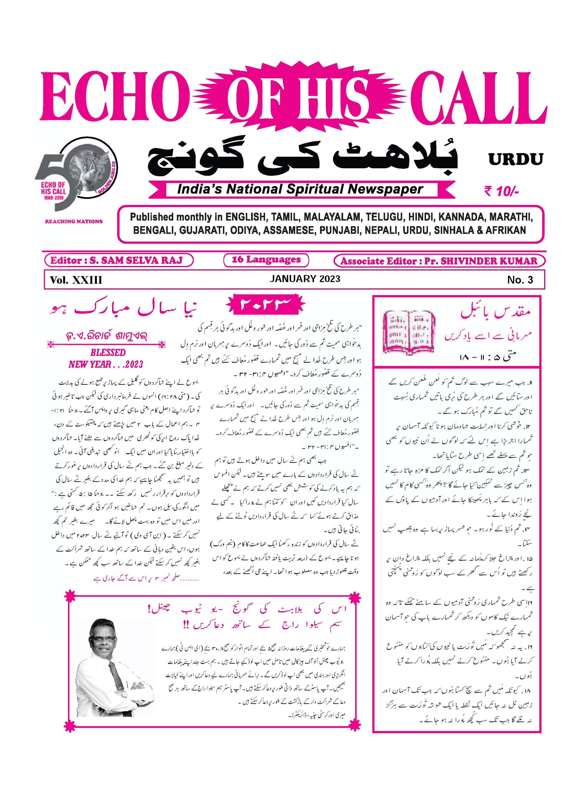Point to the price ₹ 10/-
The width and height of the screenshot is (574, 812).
pyautogui.click(x=501, y=191)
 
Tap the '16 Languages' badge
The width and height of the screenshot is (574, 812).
pyautogui.click(x=266, y=260)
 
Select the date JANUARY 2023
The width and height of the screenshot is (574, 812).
pyautogui.click(x=305, y=279)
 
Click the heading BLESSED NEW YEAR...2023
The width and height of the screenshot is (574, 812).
pyautogui.click(x=106, y=358)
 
